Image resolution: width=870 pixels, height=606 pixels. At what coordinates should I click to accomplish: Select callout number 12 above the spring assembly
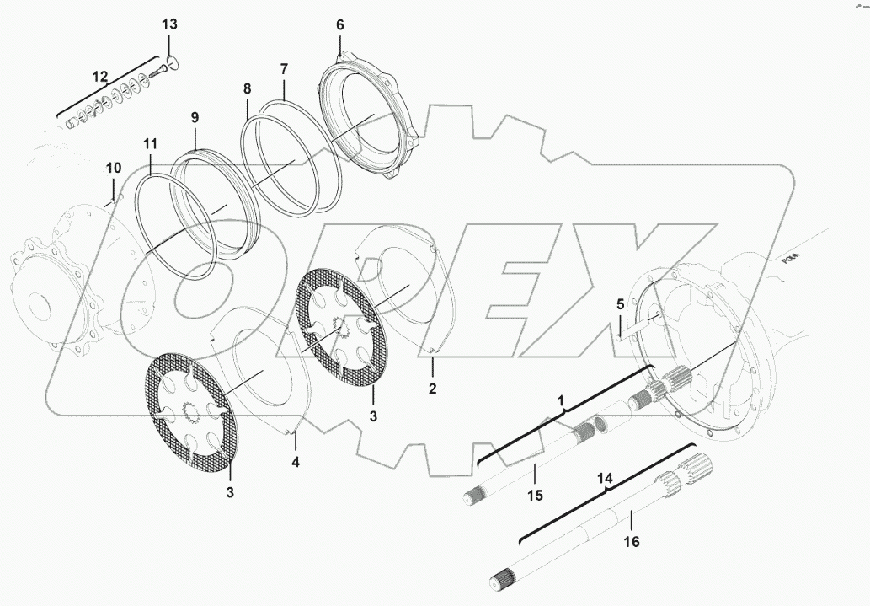(x=100, y=77)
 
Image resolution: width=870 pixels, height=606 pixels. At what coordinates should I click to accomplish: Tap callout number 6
(x=340, y=25)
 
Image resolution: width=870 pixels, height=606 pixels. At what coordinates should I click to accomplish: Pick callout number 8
(x=247, y=88)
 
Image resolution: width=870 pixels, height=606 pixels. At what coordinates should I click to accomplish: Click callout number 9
(x=195, y=118)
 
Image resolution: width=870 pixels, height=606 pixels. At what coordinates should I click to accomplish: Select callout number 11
(x=150, y=145)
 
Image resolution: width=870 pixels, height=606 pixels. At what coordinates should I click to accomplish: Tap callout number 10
(x=114, y=169)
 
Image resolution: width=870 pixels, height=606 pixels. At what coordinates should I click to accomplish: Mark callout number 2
(x=432, y=389)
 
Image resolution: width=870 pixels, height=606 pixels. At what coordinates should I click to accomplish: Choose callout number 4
(x=295, y=462)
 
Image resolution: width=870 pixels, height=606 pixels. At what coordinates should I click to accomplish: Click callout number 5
(x=620, y=304)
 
